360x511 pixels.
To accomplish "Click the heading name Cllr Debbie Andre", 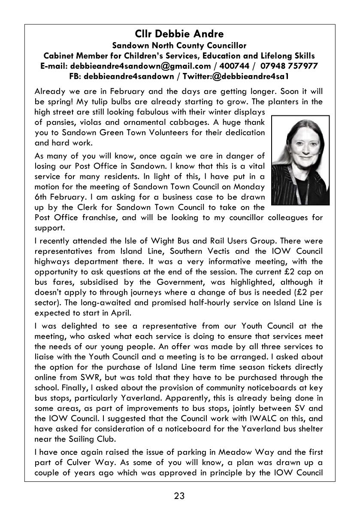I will [179, 33].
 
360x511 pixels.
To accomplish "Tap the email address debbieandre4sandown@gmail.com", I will [140, 66].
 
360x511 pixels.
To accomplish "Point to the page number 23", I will [179, 496].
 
